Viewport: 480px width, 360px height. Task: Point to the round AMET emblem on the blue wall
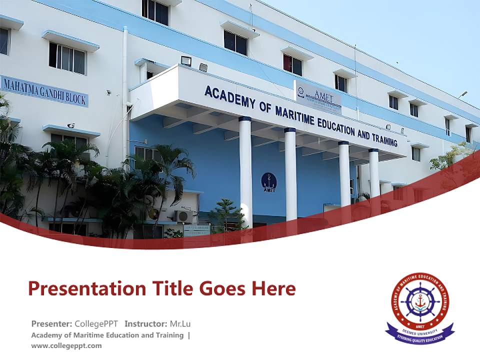point(269,181)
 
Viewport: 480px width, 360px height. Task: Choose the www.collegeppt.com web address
point(66,345)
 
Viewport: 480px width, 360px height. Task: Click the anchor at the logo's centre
point(420,301)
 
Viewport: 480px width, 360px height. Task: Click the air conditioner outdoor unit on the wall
point(182,216)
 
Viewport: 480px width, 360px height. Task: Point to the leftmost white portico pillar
point(245,170)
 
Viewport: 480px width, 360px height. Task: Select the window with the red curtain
point(292,64)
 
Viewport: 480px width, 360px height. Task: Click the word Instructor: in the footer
point(145,323)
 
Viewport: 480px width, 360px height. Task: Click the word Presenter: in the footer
point(51,323)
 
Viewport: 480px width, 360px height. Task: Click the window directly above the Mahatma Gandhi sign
point(67,57)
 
